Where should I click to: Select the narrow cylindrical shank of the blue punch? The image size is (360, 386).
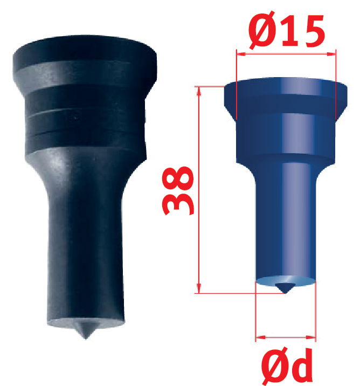tap(283, 221)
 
